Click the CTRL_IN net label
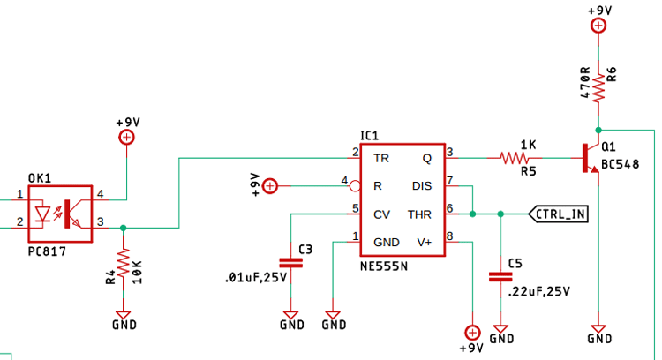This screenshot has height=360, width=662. (559, 214)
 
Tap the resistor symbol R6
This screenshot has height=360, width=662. (598, 86)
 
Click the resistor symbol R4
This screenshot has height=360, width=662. (124, 263)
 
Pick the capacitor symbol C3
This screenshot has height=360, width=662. (290, 262)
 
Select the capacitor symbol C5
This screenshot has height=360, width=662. (500, 277)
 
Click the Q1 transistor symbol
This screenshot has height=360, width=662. (590, 159)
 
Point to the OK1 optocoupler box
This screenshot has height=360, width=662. (60, 213)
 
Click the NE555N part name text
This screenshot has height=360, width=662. (384, 265)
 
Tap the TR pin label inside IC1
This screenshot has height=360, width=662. (381, 159)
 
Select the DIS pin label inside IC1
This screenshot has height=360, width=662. (421, 186)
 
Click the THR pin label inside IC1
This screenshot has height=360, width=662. (419, 214)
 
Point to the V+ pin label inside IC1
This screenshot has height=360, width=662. (424, 242)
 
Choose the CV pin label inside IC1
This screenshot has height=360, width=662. (381, 214)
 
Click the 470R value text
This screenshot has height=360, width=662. (584, 82)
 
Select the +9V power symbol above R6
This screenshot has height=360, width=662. (598, 25)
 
